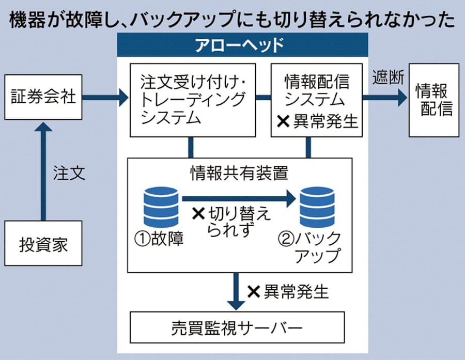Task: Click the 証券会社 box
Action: click(43, 97)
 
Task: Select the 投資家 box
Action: click(43, 243)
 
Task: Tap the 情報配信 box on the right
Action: click(433, 100)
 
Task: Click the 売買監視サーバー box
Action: click(236, 327)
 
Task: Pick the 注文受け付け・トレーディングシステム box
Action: click(193, 100)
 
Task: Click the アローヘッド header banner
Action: click(242, 45)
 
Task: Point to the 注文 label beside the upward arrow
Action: click(68, 174)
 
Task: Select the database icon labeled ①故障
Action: click(161, 207)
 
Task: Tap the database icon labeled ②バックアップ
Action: click(317, 207)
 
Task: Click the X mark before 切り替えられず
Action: click(198, 213)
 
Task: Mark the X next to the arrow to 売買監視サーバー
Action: click(253, 292)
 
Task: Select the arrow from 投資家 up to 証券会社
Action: click(43, 170)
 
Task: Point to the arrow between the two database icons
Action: click(238, 197)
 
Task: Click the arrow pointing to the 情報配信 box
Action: click(384, 97)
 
